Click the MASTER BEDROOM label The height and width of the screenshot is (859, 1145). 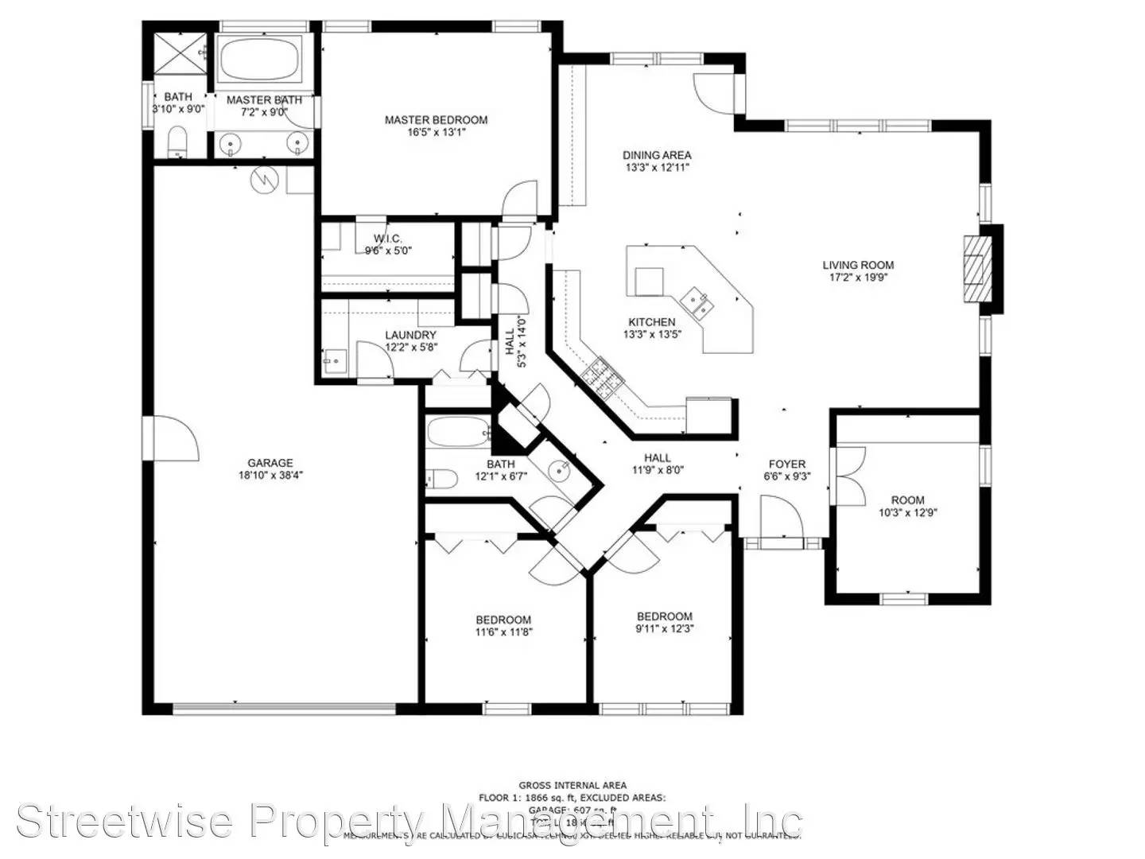(x=436, y=120)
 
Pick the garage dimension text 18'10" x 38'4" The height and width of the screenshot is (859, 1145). (x=270, y=476)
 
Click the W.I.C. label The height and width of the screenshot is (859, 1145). (x=388, y=239)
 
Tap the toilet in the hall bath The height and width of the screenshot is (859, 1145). (x=442, y=479)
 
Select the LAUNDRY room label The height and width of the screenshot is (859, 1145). (x=410, y=336)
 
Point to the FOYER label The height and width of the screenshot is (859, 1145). (x=786, y=464)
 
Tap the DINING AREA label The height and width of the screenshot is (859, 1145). (x=657, y=155)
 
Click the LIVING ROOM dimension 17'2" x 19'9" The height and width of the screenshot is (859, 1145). (x=858, y=278)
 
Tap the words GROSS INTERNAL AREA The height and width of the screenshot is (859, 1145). (x=572, y=786)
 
